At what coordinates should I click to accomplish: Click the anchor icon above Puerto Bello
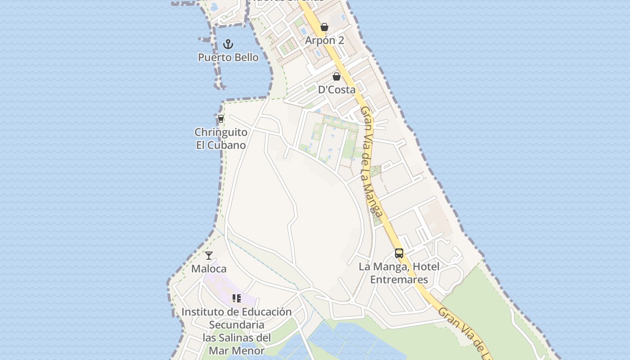coord(228,44)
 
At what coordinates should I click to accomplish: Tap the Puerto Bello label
coord(228,58)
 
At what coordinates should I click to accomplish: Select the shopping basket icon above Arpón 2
coord(324,27)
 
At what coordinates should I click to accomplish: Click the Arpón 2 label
coord(324,40)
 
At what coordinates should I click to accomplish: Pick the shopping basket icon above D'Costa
coord(336,76)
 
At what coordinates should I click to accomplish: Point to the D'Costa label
coord(337,90)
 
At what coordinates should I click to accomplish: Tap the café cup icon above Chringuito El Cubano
coord(221,119)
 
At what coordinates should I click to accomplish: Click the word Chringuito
coord(221,132)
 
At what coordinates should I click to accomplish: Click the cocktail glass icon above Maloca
coord(209,256)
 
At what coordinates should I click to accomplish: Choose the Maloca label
coord(209,269)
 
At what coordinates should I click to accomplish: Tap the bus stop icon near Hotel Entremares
coord(399,253)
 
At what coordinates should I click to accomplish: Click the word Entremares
coord(399,280)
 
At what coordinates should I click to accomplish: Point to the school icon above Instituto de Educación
coord(237,298)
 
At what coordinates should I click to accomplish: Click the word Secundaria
coord(237,325)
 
